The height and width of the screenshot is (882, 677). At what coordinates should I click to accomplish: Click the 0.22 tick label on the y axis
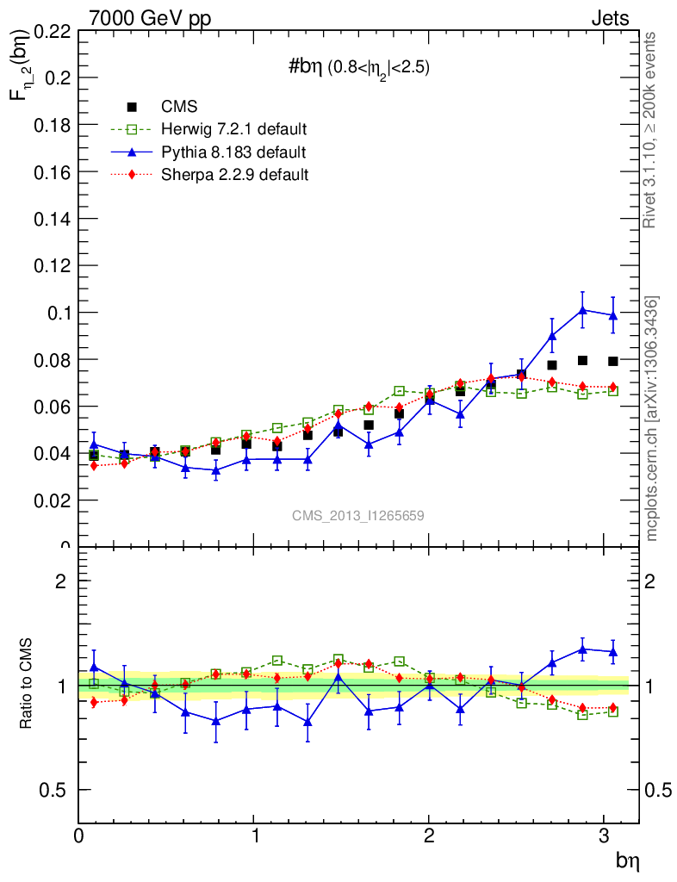[51, 32]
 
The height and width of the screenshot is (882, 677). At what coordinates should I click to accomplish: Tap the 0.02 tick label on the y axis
[51, 500]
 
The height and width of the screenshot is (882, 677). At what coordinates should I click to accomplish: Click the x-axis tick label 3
[605, 836]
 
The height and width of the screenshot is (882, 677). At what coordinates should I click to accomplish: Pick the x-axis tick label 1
[254, 836]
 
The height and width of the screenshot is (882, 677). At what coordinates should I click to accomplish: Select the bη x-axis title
[626, 860]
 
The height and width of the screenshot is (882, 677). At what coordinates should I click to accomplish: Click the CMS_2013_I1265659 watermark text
[357, 515]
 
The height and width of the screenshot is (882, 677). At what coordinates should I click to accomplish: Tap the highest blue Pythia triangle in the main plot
[583, 310]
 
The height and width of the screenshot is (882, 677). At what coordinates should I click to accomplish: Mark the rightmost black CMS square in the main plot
[613, 361]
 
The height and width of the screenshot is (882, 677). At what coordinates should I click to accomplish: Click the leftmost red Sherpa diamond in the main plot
[94, 466]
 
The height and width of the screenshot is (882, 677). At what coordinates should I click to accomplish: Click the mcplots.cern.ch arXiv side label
[652, 419]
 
